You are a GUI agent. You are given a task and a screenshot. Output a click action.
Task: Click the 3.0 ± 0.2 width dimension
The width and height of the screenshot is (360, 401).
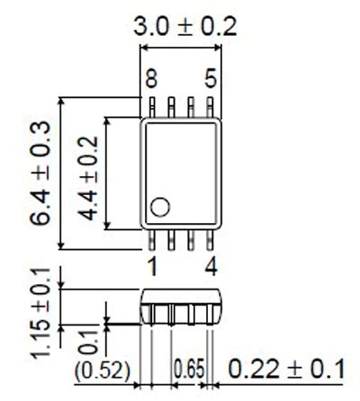tap(185, 26)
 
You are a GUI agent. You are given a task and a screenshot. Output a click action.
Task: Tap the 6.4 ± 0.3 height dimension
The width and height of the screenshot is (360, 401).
tap(40, 173)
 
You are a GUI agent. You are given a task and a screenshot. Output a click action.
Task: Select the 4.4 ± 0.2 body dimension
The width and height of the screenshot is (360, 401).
tap(87, 173)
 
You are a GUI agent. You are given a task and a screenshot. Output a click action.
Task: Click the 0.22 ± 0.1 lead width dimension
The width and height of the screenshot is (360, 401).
tap(287, 368)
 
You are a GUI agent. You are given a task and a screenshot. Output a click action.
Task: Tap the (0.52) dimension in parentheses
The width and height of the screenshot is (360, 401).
tap(103, 369)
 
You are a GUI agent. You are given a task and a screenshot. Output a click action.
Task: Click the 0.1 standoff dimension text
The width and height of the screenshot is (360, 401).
tap(87, 343)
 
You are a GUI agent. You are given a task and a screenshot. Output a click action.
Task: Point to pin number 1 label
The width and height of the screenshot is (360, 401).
tap(152, 266)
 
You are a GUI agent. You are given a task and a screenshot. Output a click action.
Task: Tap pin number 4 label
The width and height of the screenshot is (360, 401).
tap(211, 266)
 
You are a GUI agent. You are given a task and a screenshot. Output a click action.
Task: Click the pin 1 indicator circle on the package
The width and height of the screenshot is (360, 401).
tap(160, 208)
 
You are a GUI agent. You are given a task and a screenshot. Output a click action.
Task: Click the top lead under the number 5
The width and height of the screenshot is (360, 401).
tap(211, 107)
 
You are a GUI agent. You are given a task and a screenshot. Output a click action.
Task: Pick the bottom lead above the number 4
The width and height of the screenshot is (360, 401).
tap(211, 239)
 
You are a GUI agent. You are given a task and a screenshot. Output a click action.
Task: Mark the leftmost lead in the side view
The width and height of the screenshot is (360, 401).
tap(151, 314)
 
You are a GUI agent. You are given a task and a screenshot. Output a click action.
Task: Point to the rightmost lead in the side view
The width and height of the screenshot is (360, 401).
tap(211, 314)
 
